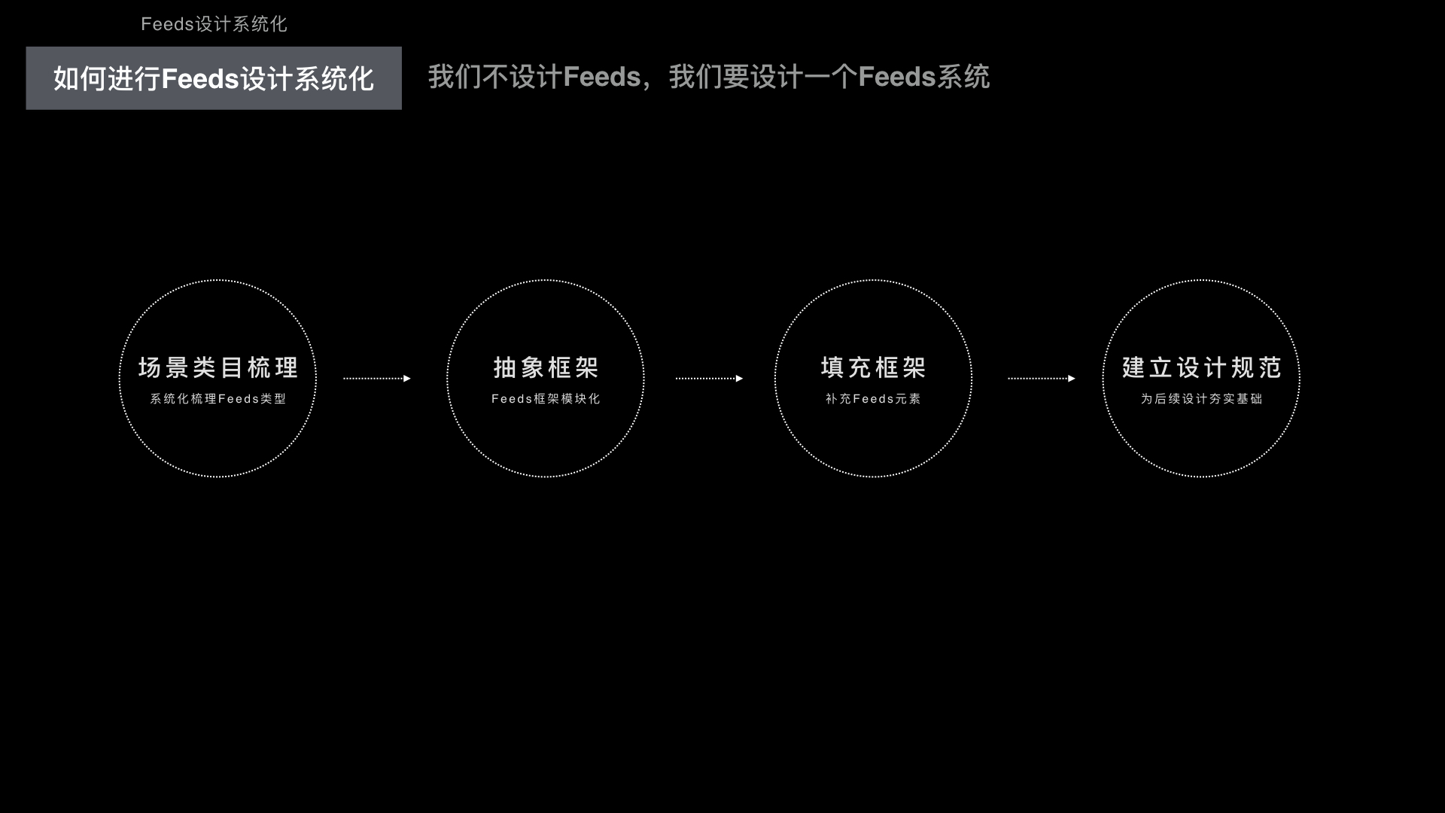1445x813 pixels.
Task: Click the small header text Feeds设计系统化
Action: coord(214,24)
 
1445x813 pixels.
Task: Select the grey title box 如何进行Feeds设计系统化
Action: coord(214,78)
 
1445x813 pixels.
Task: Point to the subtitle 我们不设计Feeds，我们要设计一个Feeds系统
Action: coord(708,77)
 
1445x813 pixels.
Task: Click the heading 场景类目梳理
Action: coord(218,367)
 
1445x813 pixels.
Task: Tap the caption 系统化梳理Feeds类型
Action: coord(218,399)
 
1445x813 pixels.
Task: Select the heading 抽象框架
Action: coord(546,367)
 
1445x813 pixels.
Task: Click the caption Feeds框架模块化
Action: coord(546,399)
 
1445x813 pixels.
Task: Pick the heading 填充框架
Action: coord(873,367)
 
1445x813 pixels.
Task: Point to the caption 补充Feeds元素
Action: coord(873,399)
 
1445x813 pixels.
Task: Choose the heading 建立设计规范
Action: coord(1201,367)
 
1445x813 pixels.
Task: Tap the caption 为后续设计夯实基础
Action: coord(1201,399)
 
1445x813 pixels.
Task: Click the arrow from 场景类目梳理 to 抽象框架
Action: coord(377,379)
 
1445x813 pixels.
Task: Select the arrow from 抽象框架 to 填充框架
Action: coord(709,379)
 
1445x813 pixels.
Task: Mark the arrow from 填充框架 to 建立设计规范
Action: coord(1042,379)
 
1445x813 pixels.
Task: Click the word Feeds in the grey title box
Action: coord(200,79)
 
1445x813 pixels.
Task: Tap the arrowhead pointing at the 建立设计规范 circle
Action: coord(1072,379)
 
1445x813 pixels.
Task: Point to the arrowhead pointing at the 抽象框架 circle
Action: coord(407,379)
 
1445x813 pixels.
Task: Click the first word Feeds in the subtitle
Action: coord(601,77)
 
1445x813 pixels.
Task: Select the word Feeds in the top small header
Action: coord(168,24)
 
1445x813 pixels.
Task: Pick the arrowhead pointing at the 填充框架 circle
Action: coord(739,379)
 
